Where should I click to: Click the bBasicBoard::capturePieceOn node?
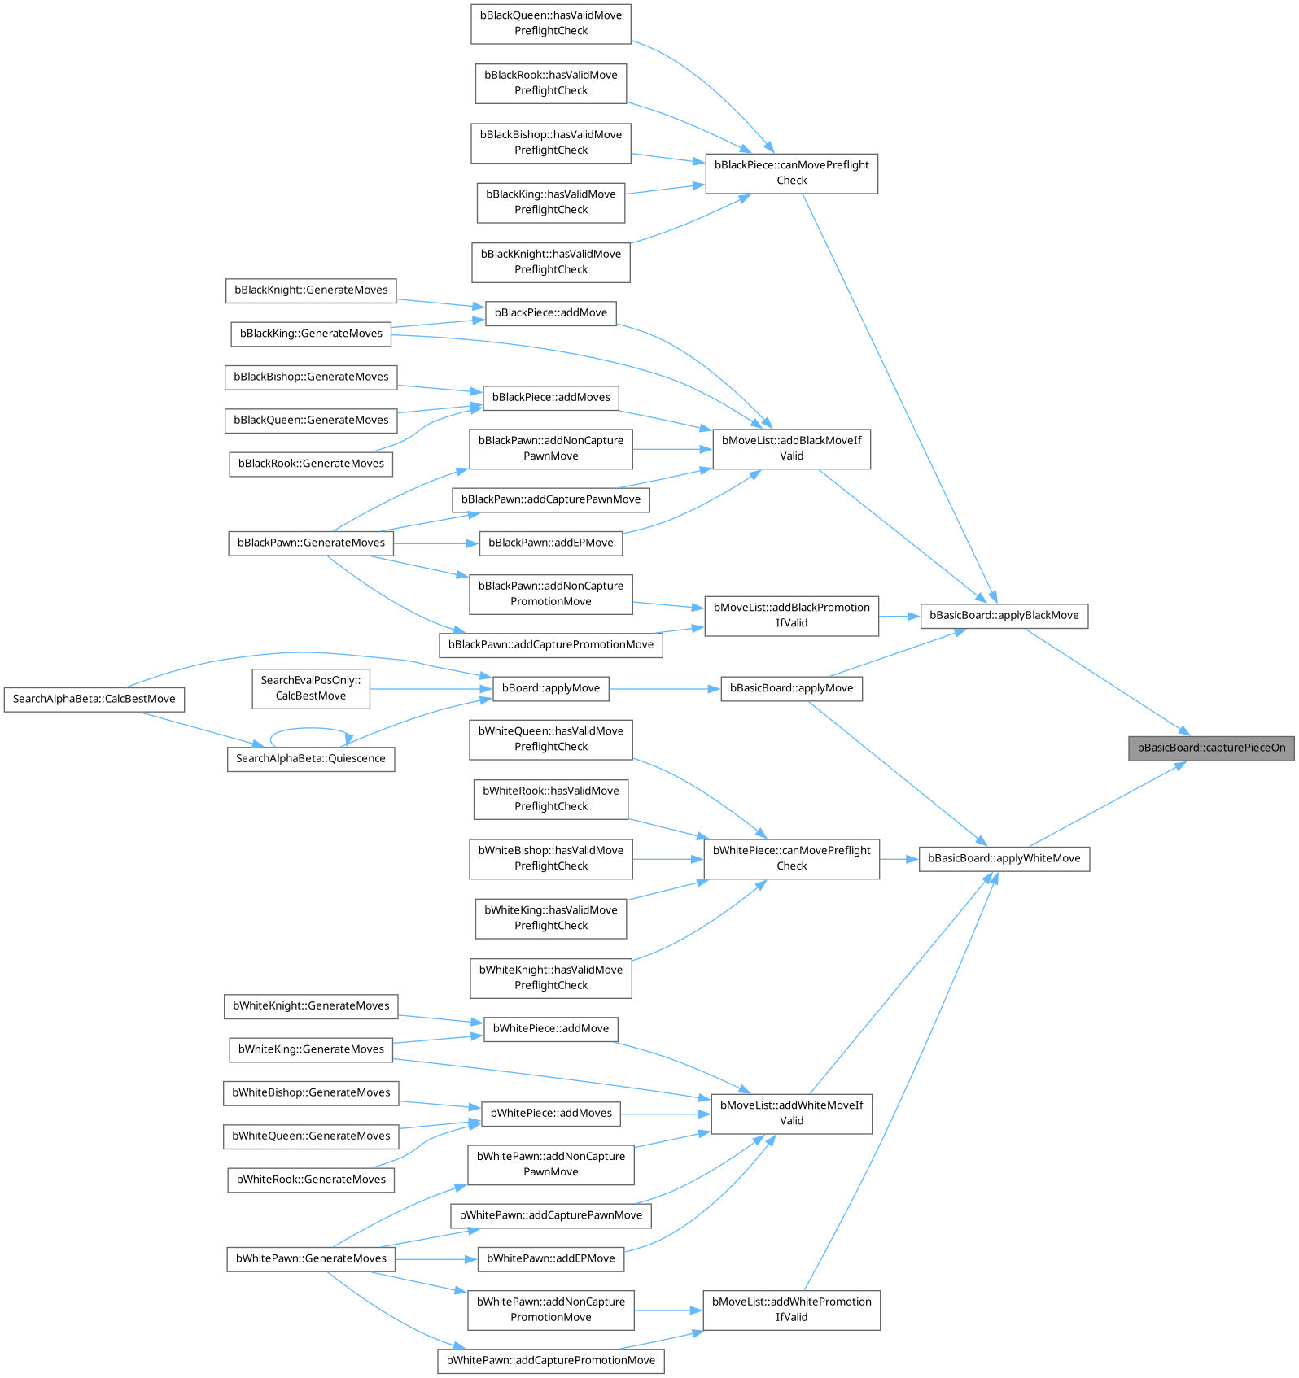click(x=1211, y=748)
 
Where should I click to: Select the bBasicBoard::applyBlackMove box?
click(x=1004, y=616)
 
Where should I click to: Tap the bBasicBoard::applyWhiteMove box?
click(x=1004, y=858)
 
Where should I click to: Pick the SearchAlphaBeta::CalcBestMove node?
click(x=94, y=700)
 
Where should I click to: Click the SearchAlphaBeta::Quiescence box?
click(x=311, y=759)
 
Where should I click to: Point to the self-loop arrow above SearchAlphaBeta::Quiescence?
click(x=309, y=730)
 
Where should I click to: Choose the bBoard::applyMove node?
click(x=551, y=688)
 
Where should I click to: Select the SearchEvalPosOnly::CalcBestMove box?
click(x=311, y=688)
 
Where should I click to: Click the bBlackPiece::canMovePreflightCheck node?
click(x=791, y=172)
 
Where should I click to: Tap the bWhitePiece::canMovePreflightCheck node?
click(x=791, y=858)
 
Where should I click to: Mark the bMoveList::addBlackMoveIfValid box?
click(x=791, y=448)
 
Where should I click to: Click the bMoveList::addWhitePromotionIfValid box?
click(x=791, y=1310)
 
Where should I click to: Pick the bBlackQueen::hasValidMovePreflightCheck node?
click(x=551, y=23)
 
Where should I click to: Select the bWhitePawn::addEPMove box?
click(x=551, y=1258)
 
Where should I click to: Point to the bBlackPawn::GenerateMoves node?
click(x=311, y=543)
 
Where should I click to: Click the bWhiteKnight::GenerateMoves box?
click(x=311, y=1006)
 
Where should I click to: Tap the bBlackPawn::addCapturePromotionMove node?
click(x=551, y=645)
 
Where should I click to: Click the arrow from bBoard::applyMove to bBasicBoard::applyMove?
click(x=664, y=689)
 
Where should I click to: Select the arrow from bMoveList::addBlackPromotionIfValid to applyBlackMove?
click(x=899, y=617)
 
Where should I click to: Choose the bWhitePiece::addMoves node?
click(x=551, y=1114)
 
